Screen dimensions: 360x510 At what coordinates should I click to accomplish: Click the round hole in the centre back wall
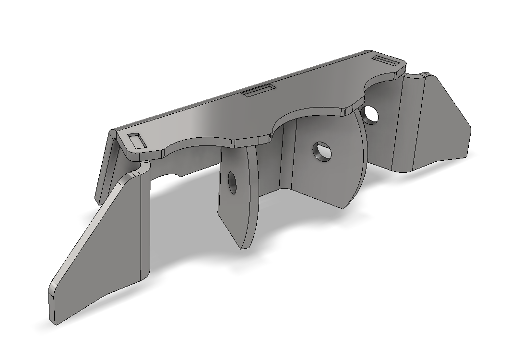tap(321, 151)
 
